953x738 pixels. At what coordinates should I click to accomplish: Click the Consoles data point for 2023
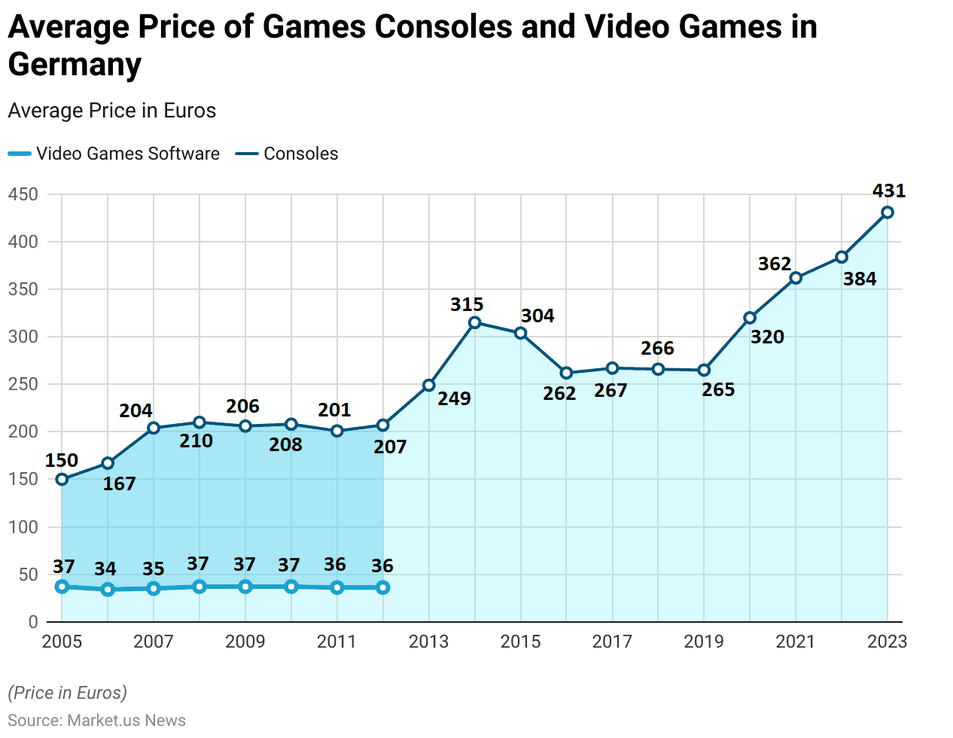pos(888,212)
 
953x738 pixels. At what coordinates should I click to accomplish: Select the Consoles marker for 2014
pos(474,322)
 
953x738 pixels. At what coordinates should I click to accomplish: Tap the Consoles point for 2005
pos(62,479)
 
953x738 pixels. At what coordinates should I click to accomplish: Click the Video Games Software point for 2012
pos(383,587)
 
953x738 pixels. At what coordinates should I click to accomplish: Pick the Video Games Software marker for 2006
pos(108,589)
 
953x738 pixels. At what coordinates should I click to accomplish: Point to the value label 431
pos(888,191)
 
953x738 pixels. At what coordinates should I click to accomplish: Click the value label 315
pos(467,304)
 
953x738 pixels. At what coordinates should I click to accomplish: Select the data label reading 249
pos(454,398)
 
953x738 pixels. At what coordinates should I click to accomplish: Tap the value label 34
pos(105,569)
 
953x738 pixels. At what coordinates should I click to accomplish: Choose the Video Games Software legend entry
pos(114,154)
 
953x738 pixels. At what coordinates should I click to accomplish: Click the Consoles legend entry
pos(287,154)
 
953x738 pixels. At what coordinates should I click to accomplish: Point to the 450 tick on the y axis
pos(23,194)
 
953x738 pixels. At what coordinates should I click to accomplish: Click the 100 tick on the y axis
pos(23,527)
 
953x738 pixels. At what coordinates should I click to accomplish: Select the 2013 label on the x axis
pos(428,642)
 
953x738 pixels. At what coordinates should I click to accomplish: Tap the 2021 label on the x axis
pos(796,642)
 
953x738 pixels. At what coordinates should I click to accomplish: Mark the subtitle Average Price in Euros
pos(112,111)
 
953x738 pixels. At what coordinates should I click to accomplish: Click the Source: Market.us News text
pos(97,720)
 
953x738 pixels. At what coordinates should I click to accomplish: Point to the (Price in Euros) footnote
pos(68,693)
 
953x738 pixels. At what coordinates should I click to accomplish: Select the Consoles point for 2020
pos(750,318)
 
